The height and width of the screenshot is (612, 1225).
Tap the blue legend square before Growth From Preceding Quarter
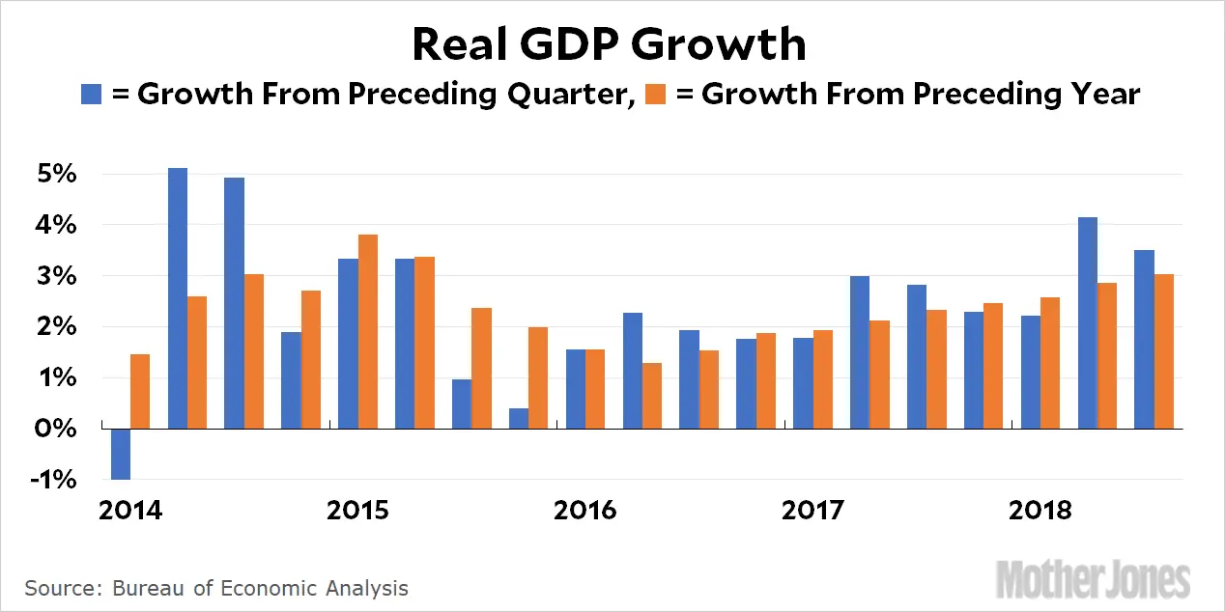91,95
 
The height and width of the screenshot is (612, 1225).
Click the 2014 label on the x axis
130,510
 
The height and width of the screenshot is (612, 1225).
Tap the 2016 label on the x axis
584,510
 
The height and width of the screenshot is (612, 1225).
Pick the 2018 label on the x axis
1040,510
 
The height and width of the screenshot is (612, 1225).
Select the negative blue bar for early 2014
121,454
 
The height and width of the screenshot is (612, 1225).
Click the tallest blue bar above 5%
178,298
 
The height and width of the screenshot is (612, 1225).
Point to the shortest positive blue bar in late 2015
519,418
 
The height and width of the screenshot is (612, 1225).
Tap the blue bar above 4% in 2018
1088,322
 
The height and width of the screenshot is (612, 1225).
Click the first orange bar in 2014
140,391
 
